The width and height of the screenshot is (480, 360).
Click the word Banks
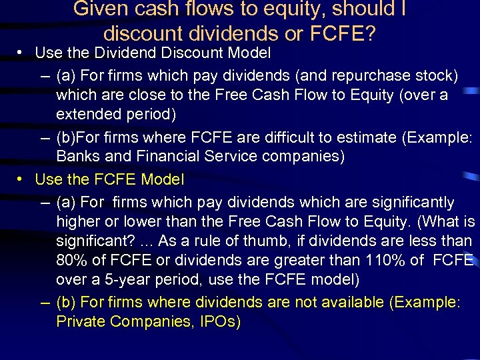point(77,157)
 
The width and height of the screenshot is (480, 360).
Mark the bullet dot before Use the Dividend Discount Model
point(21,52)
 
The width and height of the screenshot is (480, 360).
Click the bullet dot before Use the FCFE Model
point(21,179)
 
